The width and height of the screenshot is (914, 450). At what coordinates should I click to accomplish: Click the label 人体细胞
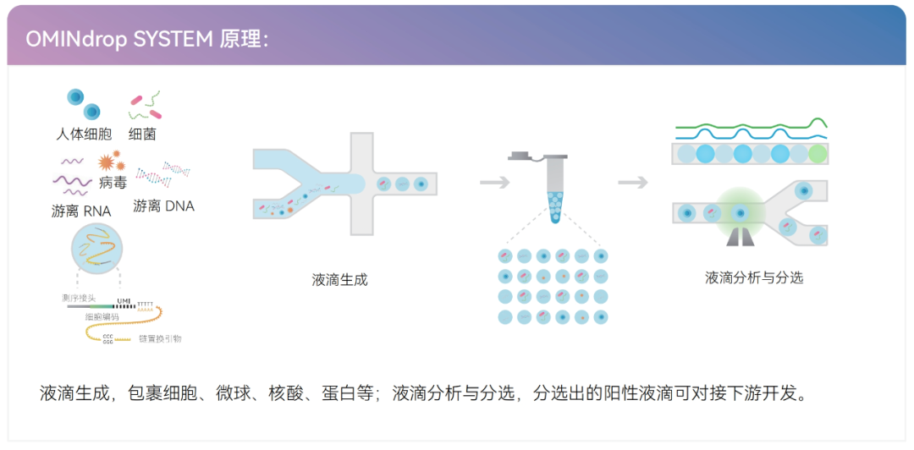(x=84, y=134)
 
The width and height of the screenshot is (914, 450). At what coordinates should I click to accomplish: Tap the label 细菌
(x=142, y=134)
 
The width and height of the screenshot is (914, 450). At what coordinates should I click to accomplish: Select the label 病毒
(x=113, y=182)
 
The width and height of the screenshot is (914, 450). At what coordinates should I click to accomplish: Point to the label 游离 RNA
(x=81, y=211)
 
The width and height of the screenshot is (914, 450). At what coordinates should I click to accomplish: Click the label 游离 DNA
(x=163, y=206)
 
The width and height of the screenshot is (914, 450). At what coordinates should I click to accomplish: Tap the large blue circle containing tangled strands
(x=97, y=246)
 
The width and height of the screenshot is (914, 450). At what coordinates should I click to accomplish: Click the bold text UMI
(x=124, y=301)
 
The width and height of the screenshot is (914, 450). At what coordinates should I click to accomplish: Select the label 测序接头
(x=79, y=299)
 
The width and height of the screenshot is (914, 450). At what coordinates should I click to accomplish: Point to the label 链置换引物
(x=160, y=338)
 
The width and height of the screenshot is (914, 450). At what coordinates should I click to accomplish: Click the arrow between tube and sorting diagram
(x=632, y=182)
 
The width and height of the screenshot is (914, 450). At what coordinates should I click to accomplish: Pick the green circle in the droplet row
(x=817, y=154)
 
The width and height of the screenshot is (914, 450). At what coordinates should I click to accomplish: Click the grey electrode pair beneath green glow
(x=739, y=238)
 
